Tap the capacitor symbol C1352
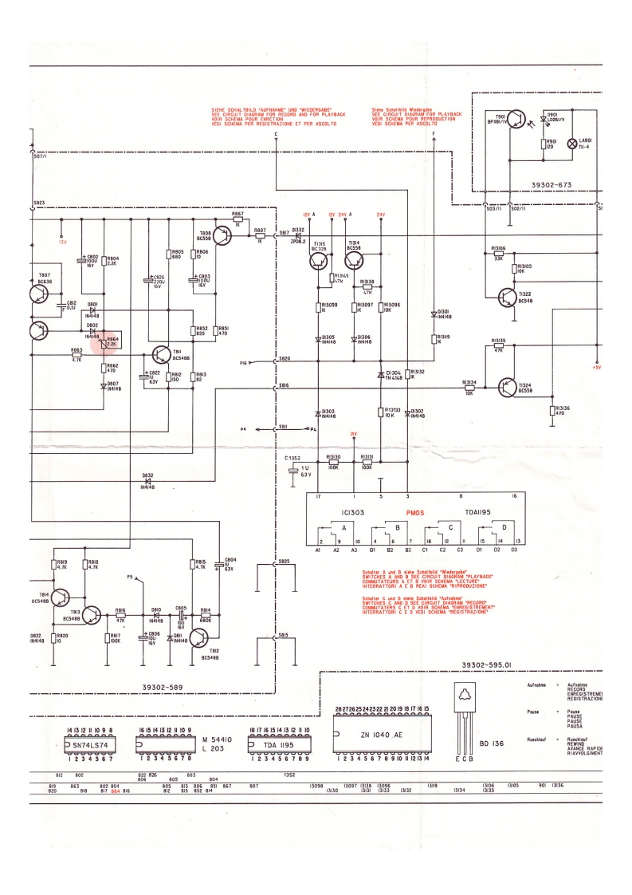click(x=294, y=473)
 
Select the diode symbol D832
click(x=147, y=478)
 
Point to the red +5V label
click(x=595, y=346)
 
